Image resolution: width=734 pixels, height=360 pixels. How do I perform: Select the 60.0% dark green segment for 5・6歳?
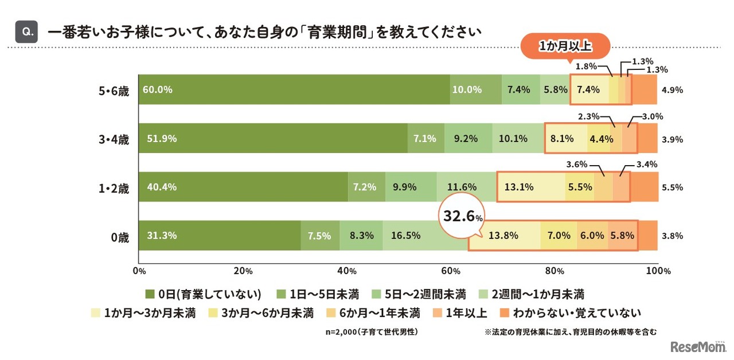pos(294,89)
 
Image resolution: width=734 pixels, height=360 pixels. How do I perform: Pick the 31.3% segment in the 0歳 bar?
pos(219,236)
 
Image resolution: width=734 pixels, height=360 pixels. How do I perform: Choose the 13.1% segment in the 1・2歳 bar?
pos(531,187)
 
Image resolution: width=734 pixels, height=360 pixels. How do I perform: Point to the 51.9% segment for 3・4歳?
pos(272,138)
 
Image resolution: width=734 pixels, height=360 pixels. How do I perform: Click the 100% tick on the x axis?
pos(657,271)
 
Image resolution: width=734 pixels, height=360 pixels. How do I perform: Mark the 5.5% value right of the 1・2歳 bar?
pos(671,187)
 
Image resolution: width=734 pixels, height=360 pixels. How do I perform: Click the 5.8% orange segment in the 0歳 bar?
pos(622,236)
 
